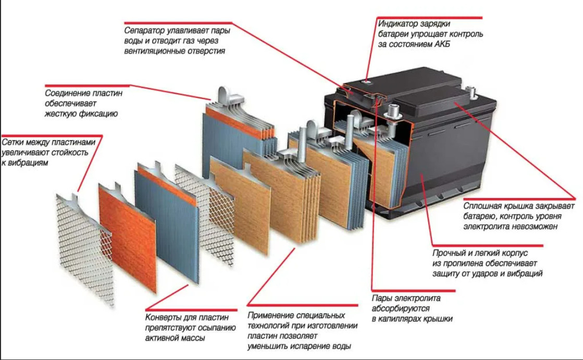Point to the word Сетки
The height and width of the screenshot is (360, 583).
13,143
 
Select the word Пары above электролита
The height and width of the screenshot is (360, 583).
382,299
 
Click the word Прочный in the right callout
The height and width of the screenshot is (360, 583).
449,254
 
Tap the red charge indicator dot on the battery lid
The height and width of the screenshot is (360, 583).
366,81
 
